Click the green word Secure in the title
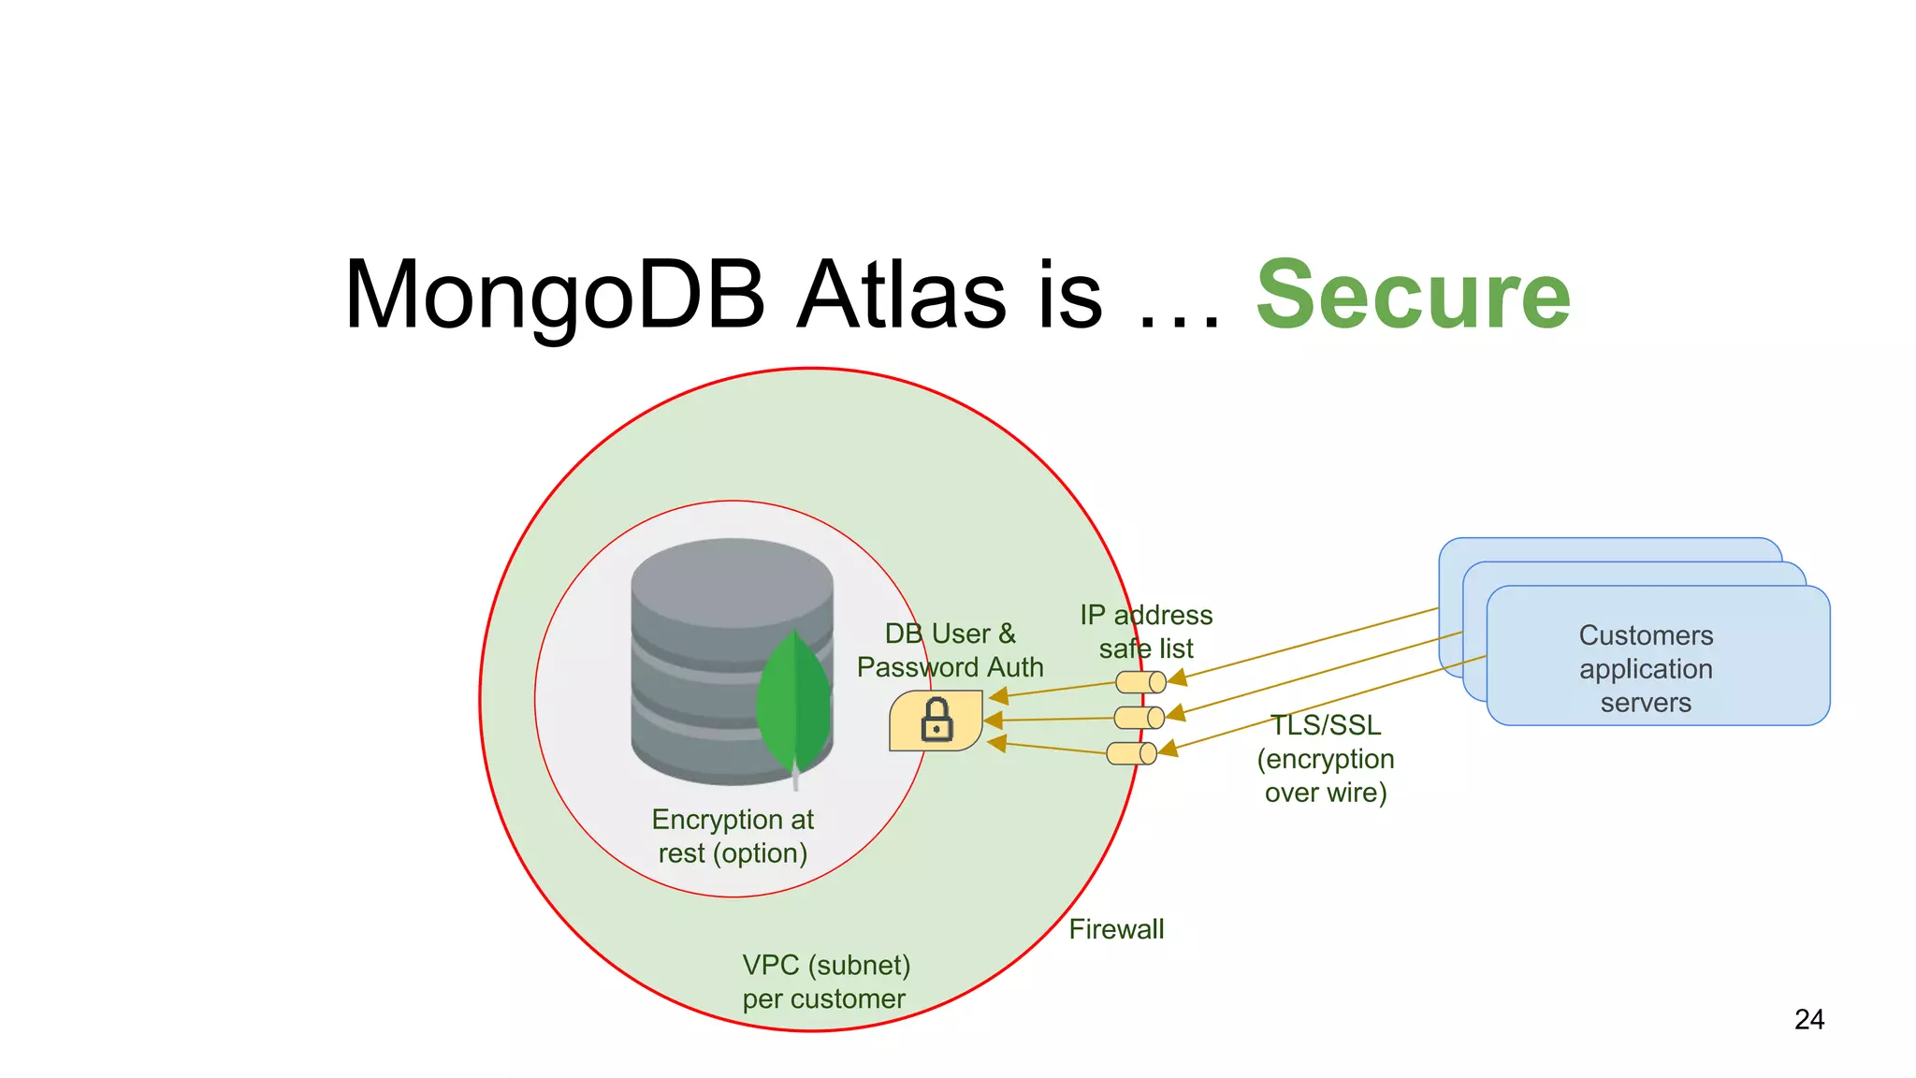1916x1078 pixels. coord(1413,296)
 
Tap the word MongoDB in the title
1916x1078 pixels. coord(554,296)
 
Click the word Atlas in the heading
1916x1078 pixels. coord(902,296)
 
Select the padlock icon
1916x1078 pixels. coord(936,721)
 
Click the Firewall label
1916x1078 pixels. coord(1116,929)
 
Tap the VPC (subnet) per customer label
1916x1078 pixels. coord(825,982)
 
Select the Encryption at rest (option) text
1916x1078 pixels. coord(733,836)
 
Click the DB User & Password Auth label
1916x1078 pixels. coord(950,650)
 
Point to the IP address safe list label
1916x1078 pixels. coord(1146,632)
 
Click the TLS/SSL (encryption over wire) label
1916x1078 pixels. coord(1326,759)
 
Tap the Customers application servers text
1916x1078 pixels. coord(1646,669)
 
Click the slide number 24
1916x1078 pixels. coord(1808,1019)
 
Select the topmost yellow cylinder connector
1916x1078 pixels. coord(1140,682)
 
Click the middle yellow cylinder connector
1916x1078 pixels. coord(1139,718)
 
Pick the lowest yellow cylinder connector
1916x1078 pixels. coord(1131,753)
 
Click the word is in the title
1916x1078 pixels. coord(1070,296)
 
